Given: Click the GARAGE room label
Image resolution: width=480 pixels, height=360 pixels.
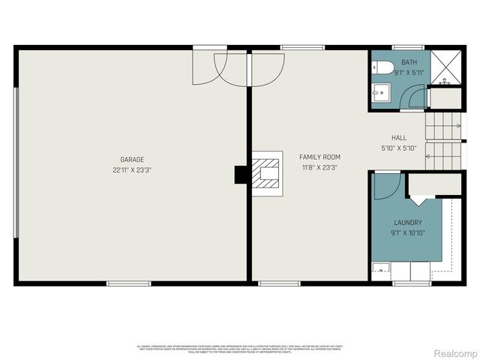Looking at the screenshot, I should point(132,159).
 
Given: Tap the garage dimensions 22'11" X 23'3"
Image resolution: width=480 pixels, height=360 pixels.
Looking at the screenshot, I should point(132,169).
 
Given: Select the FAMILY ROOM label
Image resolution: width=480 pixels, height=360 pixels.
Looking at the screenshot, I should point(319,157).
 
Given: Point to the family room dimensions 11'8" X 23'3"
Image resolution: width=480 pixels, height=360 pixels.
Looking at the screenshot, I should point(319,167).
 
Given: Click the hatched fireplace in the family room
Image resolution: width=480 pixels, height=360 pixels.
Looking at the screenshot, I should point(266,174).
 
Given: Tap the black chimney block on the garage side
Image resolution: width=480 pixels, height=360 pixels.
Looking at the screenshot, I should point(241,174).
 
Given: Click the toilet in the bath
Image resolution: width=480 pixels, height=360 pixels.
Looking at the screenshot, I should point(384,68).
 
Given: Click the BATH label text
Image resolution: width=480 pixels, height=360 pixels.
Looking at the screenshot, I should point(409,62).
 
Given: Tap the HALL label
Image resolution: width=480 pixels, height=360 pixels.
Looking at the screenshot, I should point(398,138).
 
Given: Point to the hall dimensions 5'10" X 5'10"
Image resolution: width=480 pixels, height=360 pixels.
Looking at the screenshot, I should point(398,148).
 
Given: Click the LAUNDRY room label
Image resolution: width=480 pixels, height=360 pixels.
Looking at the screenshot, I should point(408,223).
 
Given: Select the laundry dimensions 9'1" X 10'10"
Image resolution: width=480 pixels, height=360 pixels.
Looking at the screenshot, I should point(408,233).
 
